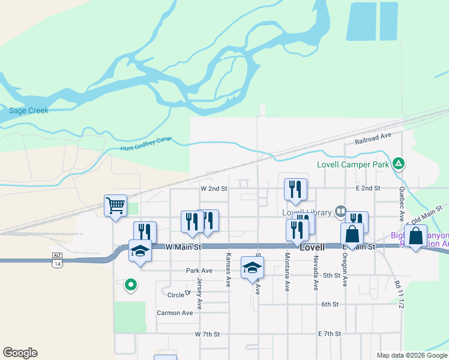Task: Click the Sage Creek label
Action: coord(29,110)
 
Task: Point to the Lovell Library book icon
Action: coord(341,211)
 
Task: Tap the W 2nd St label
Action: coord(214,188)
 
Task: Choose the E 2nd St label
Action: coord(368,188)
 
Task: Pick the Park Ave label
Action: coord(200,271)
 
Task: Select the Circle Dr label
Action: coord(179,295)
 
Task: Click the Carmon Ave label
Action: coord(175,313)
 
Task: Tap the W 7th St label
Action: coord(208,334)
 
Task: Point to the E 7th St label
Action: coord(330,334)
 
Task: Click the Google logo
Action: coord(20,352)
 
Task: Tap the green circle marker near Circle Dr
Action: coord(130,286)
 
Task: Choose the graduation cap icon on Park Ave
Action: coord(253,267)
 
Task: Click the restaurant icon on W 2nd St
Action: coord(295,190)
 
